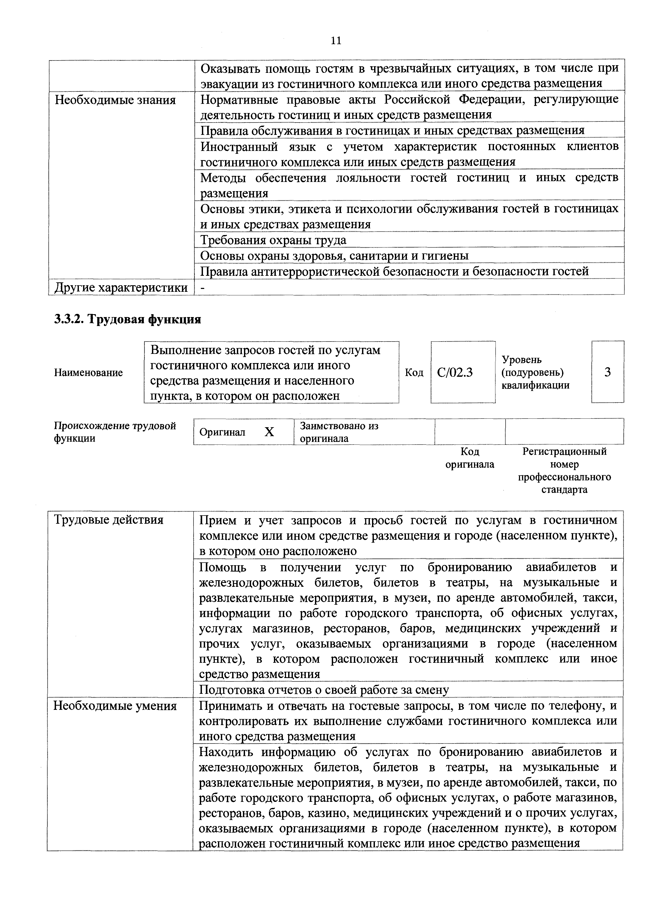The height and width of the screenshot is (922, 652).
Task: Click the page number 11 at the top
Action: tap(336, 40)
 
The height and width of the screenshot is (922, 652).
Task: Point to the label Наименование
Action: tap(88, 373)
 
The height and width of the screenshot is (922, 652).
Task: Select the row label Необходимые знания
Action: tap(115, 100)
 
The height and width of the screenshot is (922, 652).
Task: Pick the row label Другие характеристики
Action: tap(121, 288)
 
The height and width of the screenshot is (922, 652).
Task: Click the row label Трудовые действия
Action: tap(109, 520)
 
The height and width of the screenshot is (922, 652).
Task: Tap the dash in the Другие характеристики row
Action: tap(202, 288)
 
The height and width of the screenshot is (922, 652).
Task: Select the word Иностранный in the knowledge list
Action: tap(239, 147)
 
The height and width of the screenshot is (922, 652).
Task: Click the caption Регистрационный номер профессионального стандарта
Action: tap(564, 471)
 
